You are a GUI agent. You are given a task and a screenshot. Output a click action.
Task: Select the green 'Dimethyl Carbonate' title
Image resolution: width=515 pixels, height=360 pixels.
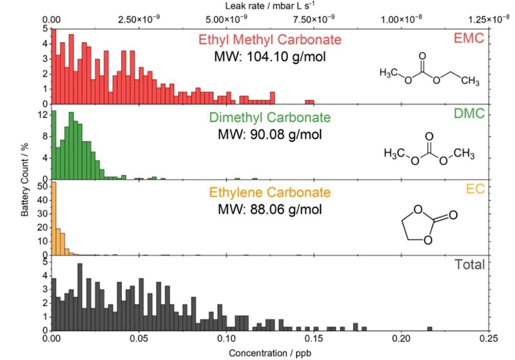270,118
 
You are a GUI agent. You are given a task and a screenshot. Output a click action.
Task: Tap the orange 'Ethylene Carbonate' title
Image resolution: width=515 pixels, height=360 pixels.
270,193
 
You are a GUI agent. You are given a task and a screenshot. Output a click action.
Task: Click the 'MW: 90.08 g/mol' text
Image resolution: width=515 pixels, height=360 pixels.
270,134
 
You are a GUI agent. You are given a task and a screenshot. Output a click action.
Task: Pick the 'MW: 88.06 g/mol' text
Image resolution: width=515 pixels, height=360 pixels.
270,209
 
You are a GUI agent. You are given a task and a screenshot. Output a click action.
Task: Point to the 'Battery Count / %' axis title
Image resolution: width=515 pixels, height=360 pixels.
25,180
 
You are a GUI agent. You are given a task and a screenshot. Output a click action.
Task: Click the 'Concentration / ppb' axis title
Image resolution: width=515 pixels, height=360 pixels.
270,352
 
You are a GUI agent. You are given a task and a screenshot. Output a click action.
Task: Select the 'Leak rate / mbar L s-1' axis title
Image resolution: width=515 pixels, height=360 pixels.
270,6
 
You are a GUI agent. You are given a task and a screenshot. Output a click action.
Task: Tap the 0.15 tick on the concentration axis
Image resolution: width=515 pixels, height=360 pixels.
314,339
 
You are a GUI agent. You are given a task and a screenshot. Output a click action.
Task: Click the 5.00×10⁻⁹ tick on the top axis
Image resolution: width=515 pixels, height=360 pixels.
227,18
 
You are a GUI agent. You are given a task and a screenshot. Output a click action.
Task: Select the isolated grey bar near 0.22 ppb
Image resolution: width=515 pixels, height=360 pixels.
430,329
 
